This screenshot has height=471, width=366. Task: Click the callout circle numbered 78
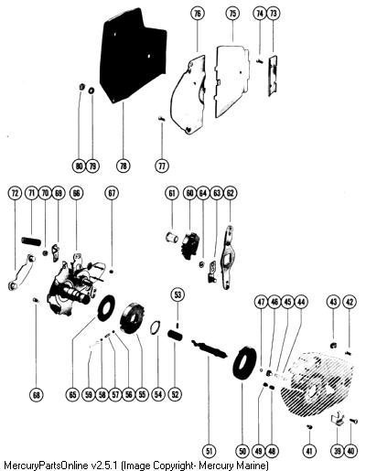(123, 166)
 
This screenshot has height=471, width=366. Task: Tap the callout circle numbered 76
(198, 14)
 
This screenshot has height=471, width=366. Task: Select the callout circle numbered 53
(178, 294)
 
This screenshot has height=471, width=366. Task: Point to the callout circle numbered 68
(37, 395)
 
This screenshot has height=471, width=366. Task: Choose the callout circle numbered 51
(210, 451)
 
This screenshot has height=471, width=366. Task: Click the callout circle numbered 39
(338, 451)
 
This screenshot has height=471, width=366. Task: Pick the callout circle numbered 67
(112, 193)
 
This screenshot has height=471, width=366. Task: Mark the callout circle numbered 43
(333, 302)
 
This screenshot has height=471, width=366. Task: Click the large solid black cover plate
(132, 58)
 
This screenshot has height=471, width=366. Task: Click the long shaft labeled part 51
(210, 349)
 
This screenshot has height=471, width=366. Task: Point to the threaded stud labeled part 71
(31, 241)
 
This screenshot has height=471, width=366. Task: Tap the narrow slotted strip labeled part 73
(273, 75)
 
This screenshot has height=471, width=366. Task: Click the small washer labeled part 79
(91, 91)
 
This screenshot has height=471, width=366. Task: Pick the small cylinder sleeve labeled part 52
(176, 335)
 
